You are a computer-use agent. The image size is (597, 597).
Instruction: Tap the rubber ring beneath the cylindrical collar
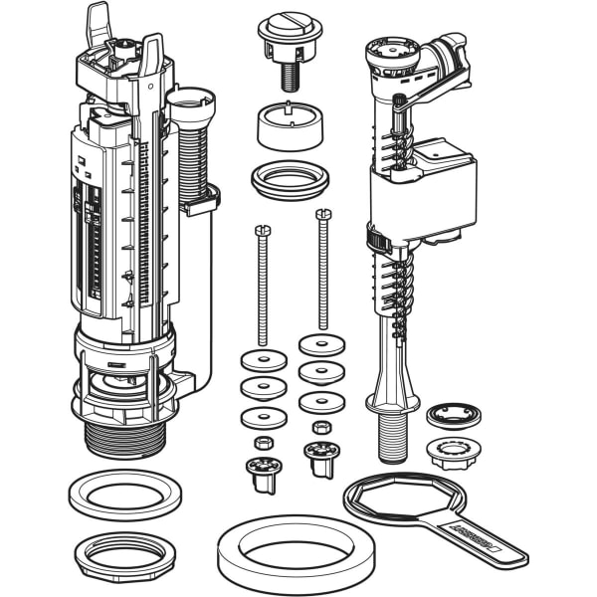[x=290, y=178]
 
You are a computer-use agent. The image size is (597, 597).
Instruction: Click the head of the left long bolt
[x=262, y=231]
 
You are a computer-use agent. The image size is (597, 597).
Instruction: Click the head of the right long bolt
[x=322, y=214]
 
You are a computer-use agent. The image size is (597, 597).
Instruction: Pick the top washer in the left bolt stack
[x=262, y=359]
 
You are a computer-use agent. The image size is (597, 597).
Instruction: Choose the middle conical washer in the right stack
[x=322, y=372]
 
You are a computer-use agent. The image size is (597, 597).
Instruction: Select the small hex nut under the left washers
[x=264, y=442]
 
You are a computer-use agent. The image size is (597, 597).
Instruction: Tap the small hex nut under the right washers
[x=321, y=428]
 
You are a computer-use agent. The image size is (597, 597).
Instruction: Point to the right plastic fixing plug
[x=321, y=458]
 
